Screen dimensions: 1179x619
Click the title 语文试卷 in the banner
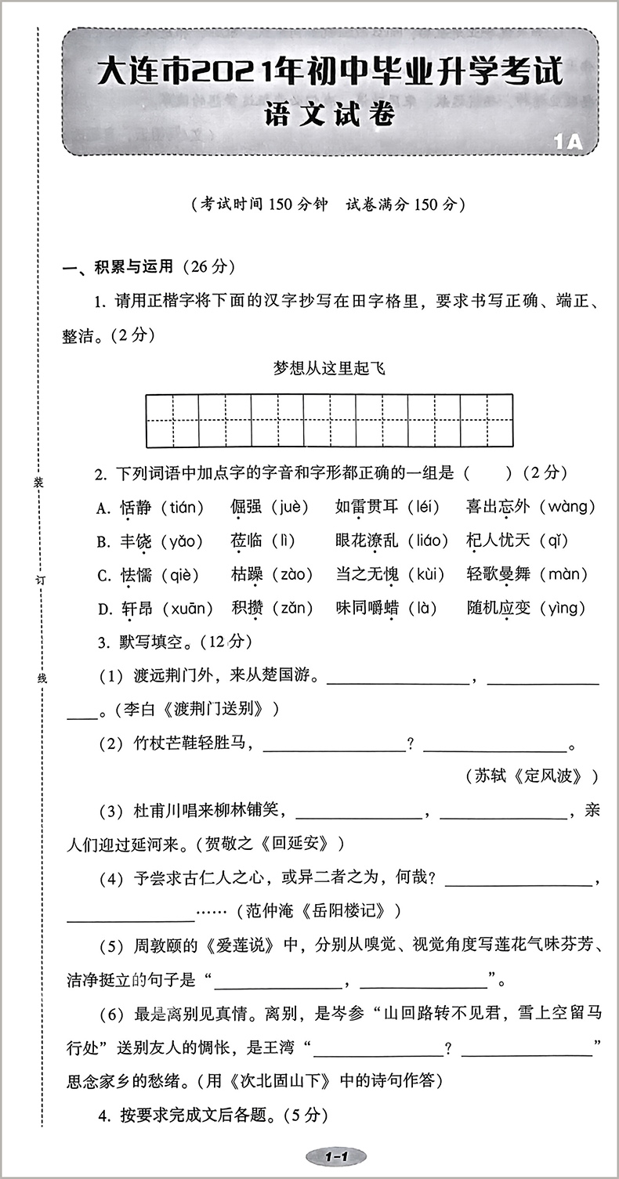(x=329, y=115)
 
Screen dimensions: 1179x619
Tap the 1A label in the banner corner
(x=569, y=142)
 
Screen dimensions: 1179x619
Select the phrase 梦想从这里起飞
(x=329, y=368)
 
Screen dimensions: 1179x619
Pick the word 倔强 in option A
(x=248, y=507)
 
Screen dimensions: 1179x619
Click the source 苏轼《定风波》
(x=537, y=776)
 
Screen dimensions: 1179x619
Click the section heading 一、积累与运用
(x=118, y=267)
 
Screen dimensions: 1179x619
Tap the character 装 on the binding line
(x=38, y=484)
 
